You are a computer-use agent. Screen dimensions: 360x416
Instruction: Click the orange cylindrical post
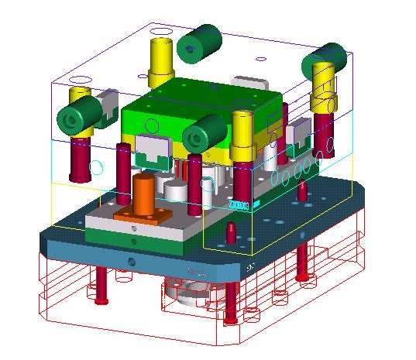click(x=143, y=194)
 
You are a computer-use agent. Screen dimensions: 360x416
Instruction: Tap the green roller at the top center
click(x=198, y=42)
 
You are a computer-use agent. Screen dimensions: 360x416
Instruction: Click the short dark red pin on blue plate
click(x=232, y=231)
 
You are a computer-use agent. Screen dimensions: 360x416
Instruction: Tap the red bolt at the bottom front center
click(x=230, y=302)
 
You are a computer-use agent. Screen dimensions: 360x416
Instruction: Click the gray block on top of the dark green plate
click(x=249, y=84)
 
